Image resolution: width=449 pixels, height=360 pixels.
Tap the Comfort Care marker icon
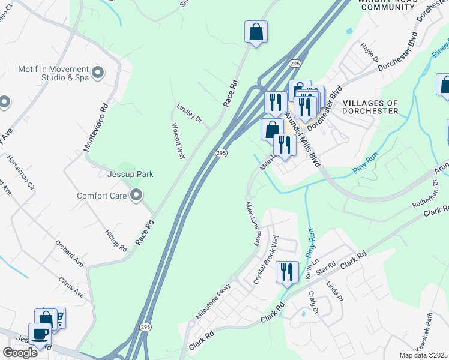pos(136,196)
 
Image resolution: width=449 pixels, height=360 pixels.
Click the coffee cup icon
pos(41,334)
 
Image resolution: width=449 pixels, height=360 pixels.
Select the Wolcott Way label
pos(178,141)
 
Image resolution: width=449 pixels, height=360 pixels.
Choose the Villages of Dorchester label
pos(370,107)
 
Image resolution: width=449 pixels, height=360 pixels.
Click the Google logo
pos(20,353)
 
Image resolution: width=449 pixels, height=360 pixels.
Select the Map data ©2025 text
pos(424,355)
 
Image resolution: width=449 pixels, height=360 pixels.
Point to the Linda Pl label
pos(333,292)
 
